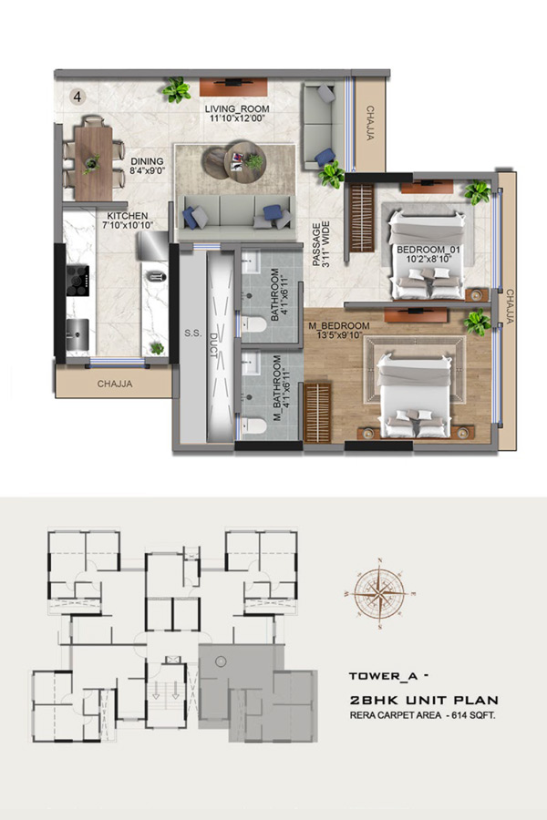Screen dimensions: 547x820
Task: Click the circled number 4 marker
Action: point(77,97)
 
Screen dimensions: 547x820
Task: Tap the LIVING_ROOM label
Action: point(237,108)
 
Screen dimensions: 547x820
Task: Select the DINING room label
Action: point(147,161)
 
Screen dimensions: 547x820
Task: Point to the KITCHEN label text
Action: point(128,215)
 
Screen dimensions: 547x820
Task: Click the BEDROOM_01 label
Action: point(428,250)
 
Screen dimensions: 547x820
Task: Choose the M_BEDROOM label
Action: point(339,326)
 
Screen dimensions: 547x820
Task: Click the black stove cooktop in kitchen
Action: point(77,281)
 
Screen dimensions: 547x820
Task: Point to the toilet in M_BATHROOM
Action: point(253,425)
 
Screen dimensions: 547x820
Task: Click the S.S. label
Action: point(192,333)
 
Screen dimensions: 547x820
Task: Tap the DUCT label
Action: point(213,345)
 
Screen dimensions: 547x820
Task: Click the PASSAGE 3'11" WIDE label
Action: point(321,244)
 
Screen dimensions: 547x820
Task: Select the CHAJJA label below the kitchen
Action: point(115,384)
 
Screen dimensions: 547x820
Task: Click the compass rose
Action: point(379,593)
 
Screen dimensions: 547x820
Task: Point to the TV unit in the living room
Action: point(233,87)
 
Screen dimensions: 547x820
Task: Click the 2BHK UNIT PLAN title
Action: point(424,700)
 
